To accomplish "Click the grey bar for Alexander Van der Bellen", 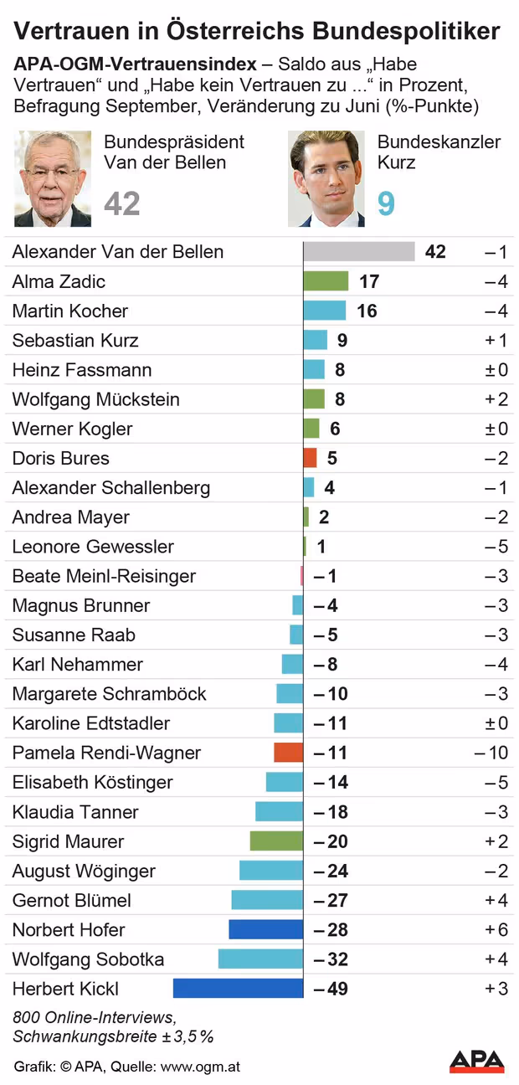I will (359, 252).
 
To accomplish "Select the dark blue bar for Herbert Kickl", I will (238, 989).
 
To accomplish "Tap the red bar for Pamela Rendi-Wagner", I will (288, 753).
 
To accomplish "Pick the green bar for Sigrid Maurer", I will (276, 841).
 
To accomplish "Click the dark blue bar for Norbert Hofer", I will (265, 929).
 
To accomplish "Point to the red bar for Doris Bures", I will (310, 458).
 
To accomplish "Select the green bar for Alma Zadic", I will (326, 281).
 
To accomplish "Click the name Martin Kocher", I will (70, 311).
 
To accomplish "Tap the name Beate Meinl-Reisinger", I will (104, 576).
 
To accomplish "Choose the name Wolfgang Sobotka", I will (88, 959).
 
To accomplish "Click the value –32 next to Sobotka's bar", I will (331, 959).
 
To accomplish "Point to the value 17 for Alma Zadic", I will (369, 281).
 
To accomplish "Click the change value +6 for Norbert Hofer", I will (496, 929).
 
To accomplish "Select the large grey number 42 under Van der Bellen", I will (122, 203).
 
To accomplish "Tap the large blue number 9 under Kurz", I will (386, 203).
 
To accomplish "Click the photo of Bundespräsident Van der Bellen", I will (53, 178).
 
